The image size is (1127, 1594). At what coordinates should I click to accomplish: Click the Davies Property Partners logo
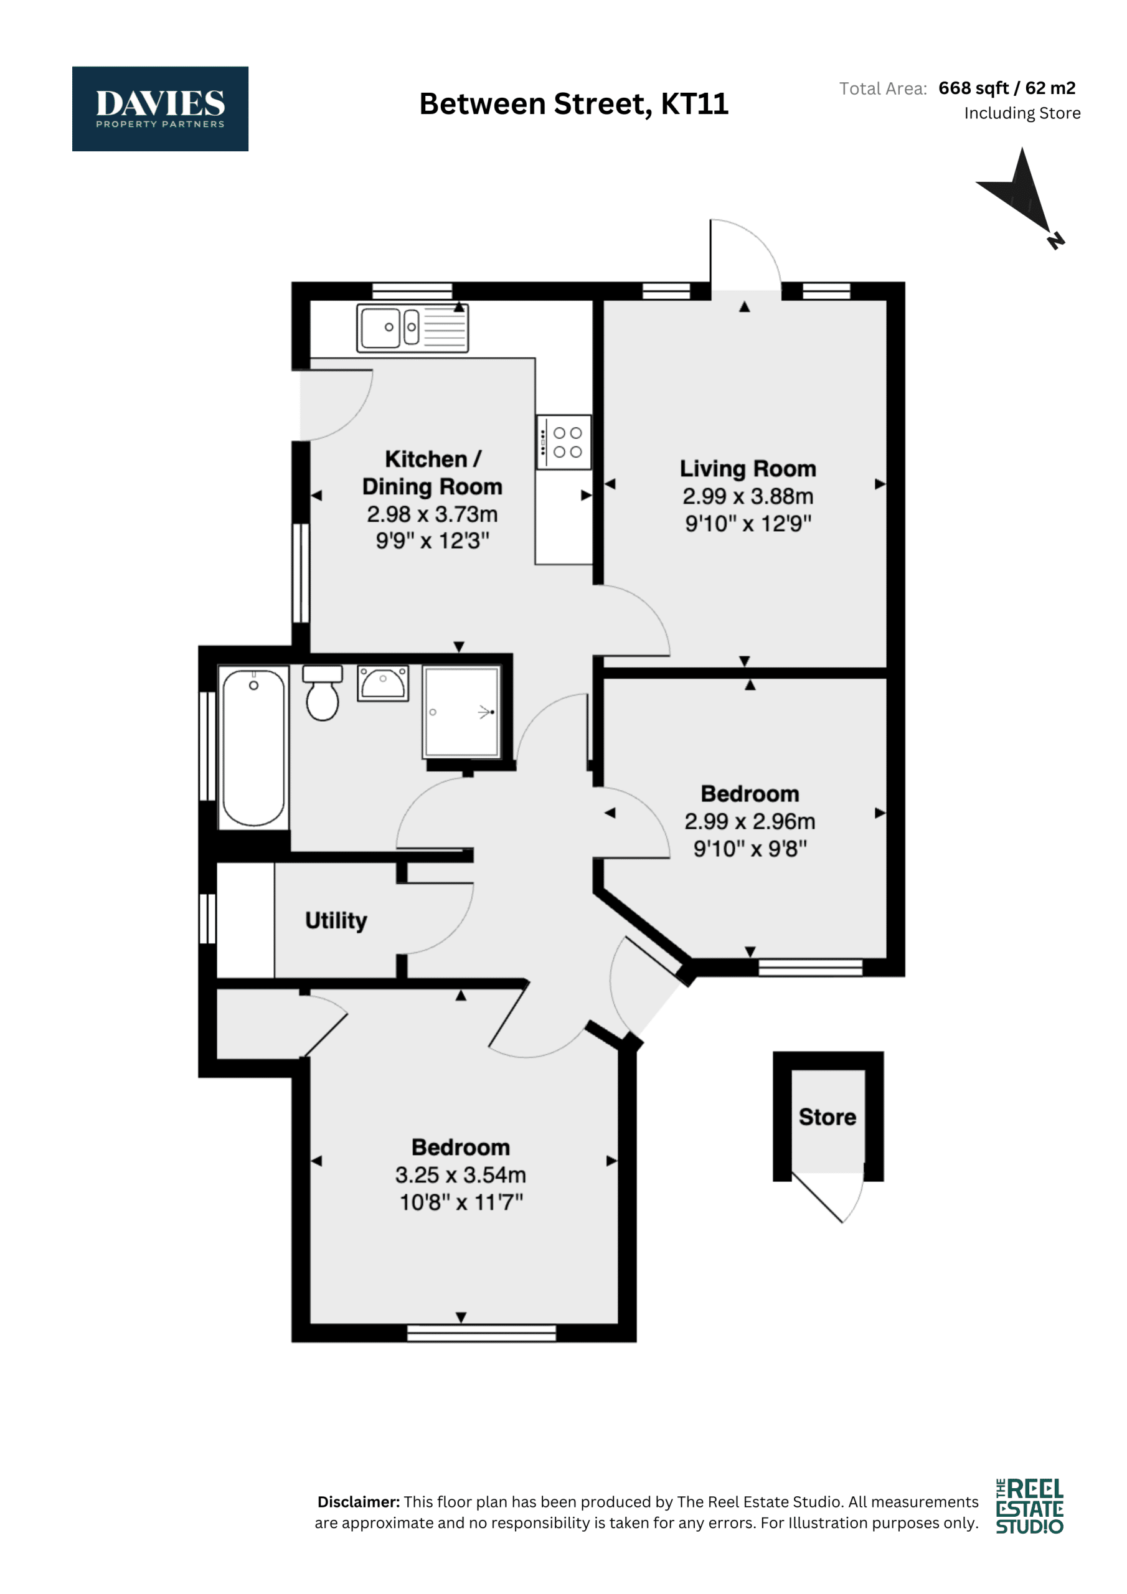(160, 108)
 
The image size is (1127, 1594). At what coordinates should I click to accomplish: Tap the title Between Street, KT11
(573, 104)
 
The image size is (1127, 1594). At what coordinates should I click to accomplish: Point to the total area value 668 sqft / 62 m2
(1006, 88)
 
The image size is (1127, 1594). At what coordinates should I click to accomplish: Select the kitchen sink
(412, 328)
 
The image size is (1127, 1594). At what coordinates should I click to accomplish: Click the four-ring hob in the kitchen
(564, 442)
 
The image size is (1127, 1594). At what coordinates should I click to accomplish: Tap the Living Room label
(748, 469)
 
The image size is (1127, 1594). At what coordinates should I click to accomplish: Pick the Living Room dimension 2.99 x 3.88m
(748, 496)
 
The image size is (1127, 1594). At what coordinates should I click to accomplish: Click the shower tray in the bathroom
(462, 712)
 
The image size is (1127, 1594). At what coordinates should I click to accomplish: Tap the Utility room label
(336, 920)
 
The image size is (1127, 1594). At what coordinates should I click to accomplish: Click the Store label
(827, 1117)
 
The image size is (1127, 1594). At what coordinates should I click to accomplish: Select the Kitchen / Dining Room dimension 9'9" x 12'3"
(433, 541)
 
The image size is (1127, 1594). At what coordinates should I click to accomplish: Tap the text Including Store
(1022, 113)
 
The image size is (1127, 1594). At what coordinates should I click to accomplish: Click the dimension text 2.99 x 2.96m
(750, 821)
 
